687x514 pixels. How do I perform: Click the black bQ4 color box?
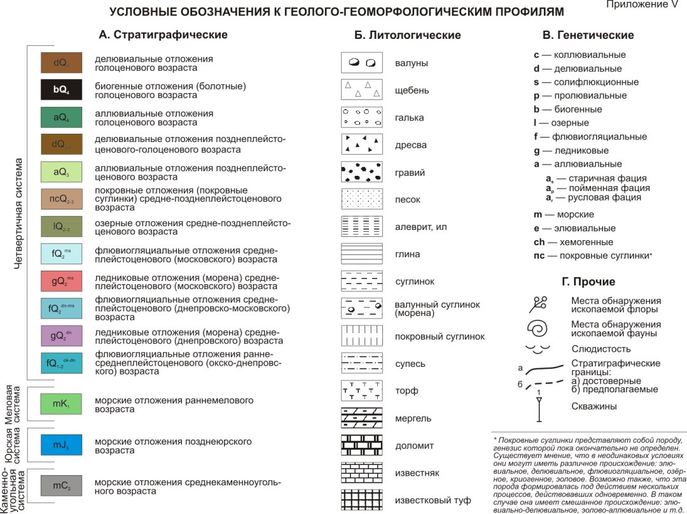pyautogui.click(x=61, y=90)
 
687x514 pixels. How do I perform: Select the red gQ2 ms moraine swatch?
pyautogui.click(x=61, y=281)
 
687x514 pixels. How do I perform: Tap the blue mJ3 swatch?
pyautogui.click(x=61, y=444)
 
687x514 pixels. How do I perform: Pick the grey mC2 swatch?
pyautogui.click(x=61, y=485)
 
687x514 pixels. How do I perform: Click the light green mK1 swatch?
pyautogui.click(x=61, y=404)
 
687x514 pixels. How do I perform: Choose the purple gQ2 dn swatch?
pyautogui.click(x=61, y=336)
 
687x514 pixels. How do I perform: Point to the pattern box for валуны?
pyautogui.click(x=361, y=62)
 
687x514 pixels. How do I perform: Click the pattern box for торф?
pyautogui.click(x=361, y=390)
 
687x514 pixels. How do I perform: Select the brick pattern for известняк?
pyautogui.click(x=361, y=472)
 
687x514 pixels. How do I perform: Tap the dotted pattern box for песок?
pyautogui.click(x=361, y=199)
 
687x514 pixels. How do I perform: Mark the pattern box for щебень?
pyautogui.click(x=361, y=90)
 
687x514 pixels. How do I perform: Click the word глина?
pyautogui.click(x=407, y=254)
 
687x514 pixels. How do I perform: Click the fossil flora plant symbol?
pyautogui.click(x=538, y=304)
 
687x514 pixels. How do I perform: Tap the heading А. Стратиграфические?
pyautogui.click(x=163, y=34)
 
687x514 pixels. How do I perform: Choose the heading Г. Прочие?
pyautogui.click(x=588, y=282)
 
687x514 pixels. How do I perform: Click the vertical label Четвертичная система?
pyautogui.click(x=18, y=213)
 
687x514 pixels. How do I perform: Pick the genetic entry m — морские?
pyautogui.click(x=564, y=215)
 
